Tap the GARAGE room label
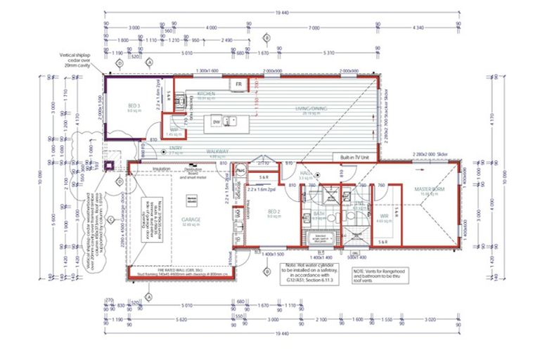point(192,219)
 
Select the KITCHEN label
point(205,94)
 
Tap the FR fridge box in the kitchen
point(239,84)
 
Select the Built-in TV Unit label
point(356,157)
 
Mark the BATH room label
point(319,214)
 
